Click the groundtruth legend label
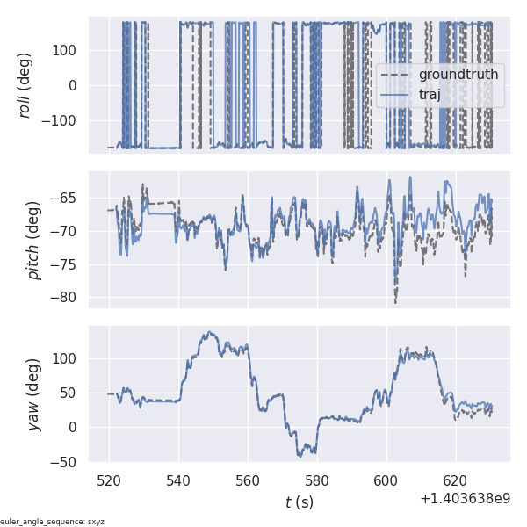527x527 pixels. pos(458,75)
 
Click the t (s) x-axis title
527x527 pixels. pos(299,502)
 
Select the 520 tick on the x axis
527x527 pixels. pos(109,481)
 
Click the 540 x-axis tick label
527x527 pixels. pos(178,481)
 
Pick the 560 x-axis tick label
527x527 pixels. pos(248,481)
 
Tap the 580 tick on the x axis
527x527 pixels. pos(317,481)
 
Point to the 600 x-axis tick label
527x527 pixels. pos(386,481)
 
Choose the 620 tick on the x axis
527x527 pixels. pos(455,481)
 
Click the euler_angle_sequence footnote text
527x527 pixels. pos(53,522)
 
